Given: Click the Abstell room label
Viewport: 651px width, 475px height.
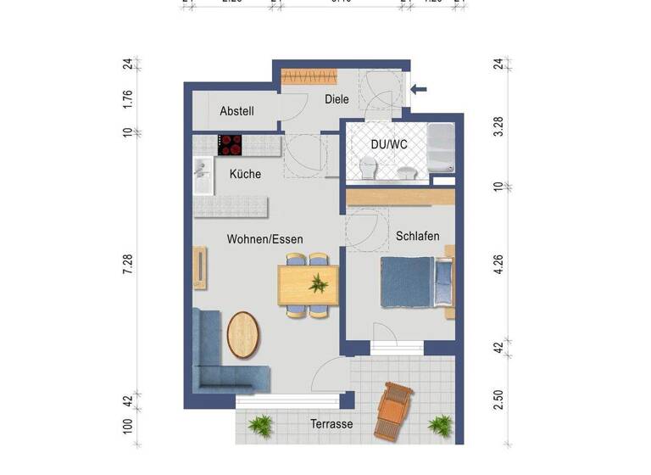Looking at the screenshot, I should pyautogui.click(x=236, y=111).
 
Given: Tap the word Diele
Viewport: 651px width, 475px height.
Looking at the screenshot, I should pyautogui.click(x=337, y=99).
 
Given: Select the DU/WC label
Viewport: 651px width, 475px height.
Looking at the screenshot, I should pyautogui.click(x=389, y=144).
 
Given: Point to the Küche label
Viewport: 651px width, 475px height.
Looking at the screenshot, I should pyautogui.click(x=245, y=174).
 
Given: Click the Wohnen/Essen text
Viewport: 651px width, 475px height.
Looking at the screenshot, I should pyautogui.click(x=264, y=239).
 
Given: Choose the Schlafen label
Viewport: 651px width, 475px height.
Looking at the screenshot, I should pyautogui.click(x=417, y=236).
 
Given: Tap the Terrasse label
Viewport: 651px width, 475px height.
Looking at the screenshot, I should pyautogui.click(x=331, y=424).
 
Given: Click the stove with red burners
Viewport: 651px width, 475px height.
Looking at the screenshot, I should pyautogui.click(x=230, y=144).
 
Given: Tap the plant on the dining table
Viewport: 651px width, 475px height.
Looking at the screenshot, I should pyautogui.click(x=319, y=283).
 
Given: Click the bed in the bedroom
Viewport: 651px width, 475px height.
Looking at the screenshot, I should pyautogui.click(x=415, y=282).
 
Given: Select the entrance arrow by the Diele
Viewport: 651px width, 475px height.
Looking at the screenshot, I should pyautogui.click(x=420, y=87).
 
